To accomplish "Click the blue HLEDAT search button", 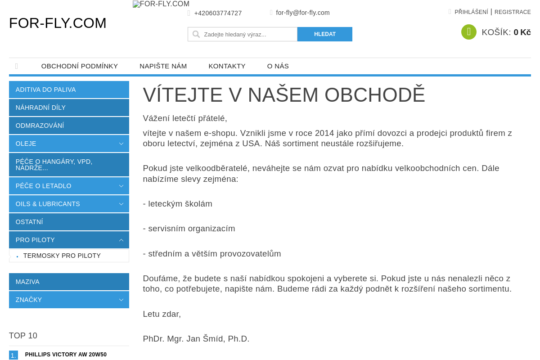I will coord(324,34).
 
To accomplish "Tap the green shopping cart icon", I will coord(468,32).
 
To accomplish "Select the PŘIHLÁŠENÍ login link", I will coord(471,12).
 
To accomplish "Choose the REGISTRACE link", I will coord(513,12).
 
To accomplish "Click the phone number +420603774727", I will coord(218,13).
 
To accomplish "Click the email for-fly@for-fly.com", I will coord(302,13).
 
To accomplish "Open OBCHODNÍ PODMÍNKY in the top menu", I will coord(80,66).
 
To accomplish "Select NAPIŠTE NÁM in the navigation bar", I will coord(163,66).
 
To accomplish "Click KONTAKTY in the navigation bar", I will coord(227,66).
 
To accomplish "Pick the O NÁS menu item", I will coord(278,66).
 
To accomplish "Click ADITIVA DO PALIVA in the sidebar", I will coord(45,90).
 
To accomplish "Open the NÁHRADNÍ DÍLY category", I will coord(40,108).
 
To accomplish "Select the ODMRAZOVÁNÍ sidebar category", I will coord(40,126).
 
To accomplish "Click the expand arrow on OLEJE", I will coord(121,144).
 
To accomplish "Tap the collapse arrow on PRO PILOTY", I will coord(121,240).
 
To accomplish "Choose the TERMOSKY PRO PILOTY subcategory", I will coord(62,256).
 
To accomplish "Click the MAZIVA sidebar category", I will coord(27,282).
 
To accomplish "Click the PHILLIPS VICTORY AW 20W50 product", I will coord(66,355).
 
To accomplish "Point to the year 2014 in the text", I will coord(324,133).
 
